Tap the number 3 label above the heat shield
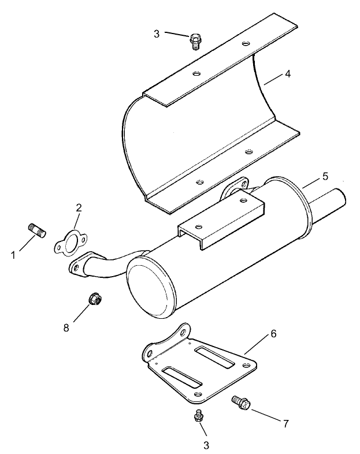pos(157,34)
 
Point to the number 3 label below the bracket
pos(206,445)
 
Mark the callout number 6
pos(273,334)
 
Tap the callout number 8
pos(66,328)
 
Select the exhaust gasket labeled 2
pos(69,242)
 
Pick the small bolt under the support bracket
pos(199,415)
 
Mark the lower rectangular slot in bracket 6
pos(182,377)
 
